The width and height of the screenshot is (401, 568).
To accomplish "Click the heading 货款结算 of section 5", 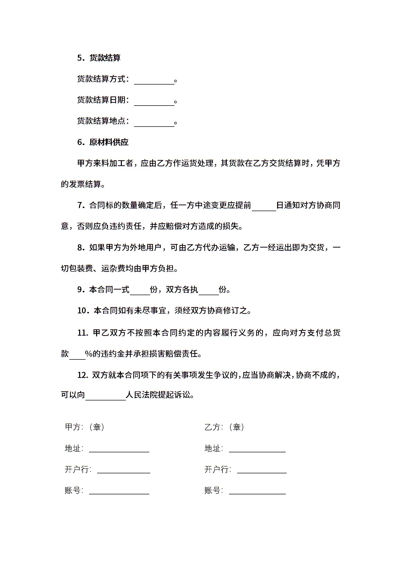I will click(x=105, y=58).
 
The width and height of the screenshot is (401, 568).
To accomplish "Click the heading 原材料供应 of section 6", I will click(x=109, y=142).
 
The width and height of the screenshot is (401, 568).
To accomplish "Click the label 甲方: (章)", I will click(x=85, y=427).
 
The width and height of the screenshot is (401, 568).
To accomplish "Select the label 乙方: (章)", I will click(x=224, y=427).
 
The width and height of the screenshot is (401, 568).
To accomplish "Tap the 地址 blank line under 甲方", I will click(x=119, y=450).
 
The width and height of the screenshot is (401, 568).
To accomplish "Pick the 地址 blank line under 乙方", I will click(x=257, y=450).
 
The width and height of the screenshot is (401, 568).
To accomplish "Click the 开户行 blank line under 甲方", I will click(x=123, y=471).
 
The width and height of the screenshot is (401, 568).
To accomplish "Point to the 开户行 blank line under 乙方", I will click(x=262, y=471).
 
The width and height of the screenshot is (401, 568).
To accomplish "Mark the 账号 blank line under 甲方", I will click(x=119, y=492).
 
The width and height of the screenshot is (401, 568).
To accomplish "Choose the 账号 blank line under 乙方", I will click(x=257, y=492).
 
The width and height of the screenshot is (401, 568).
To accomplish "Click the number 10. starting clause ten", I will click(x=82, y=311).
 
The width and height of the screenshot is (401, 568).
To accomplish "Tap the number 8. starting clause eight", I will click(x=81, y=248).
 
